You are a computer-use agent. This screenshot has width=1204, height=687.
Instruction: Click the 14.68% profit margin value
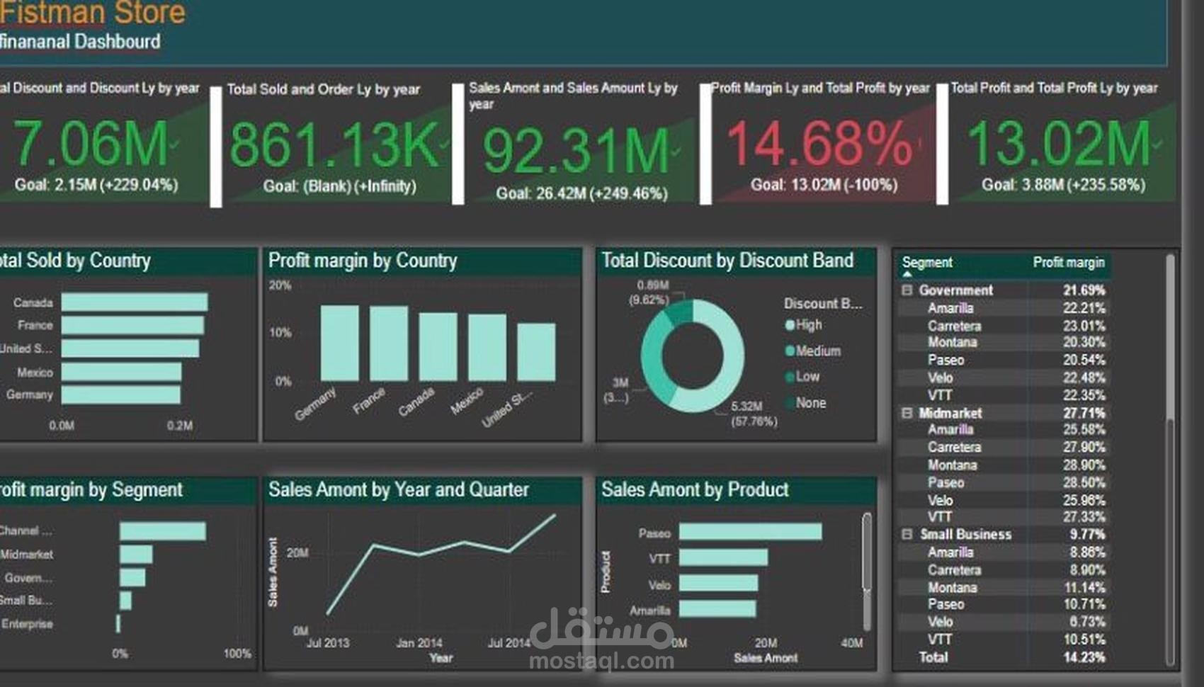819,144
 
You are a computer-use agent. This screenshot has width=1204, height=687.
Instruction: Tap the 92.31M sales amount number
576,151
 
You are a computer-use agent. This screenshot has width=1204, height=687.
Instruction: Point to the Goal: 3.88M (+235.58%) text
1063,185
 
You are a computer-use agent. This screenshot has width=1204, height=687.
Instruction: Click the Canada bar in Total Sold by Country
135,302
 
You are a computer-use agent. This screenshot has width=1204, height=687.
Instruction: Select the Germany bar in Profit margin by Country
339,343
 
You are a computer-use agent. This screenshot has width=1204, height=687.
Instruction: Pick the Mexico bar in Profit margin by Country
487,347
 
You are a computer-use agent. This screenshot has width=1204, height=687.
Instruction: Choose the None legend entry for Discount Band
810,403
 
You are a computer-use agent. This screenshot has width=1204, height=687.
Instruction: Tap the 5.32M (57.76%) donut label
753,414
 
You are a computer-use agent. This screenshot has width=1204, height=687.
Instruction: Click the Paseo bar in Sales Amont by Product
750,532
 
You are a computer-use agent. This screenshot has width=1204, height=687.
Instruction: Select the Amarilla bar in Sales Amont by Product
717,609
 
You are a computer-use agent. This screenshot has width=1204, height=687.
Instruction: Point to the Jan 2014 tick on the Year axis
419,643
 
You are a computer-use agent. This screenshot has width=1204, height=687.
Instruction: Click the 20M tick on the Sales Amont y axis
297,552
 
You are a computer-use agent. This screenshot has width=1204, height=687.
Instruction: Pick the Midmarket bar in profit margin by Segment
136,554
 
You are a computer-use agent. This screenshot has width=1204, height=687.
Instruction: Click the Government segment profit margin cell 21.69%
1083,290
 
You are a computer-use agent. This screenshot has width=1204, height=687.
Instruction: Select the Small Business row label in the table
965,535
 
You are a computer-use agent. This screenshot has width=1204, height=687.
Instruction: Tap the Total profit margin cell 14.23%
1084,657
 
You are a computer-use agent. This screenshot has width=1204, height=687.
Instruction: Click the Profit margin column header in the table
1068,263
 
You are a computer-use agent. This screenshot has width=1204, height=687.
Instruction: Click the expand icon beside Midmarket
907,413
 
